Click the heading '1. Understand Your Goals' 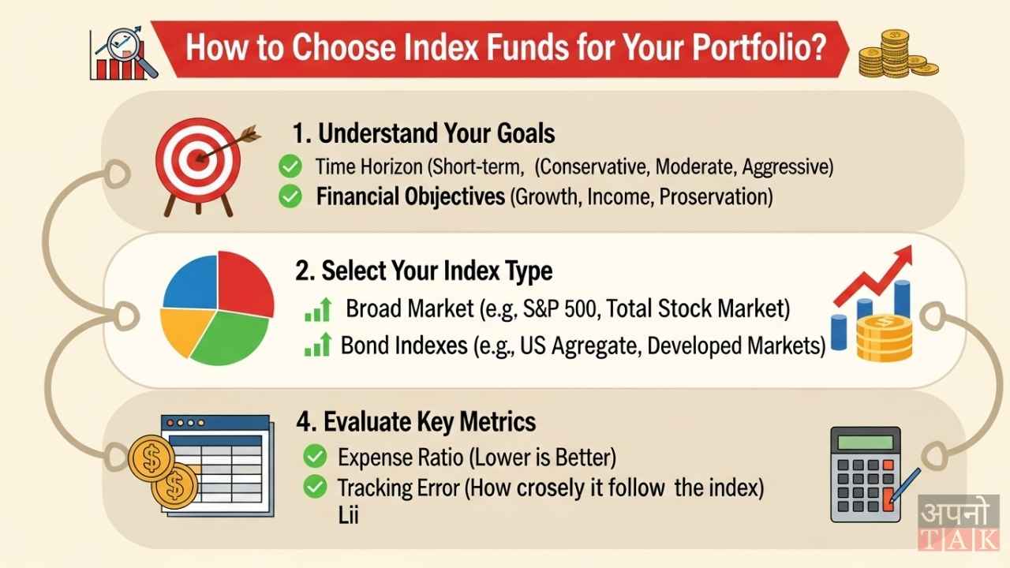point(423,133)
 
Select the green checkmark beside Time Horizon point(290,166)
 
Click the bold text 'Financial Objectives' point(410,196)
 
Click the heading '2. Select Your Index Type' point(424,271)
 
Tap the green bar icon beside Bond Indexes point(317,346)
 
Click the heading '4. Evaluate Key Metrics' point(416,422)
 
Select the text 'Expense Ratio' point(384,457)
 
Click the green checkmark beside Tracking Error point(315,488)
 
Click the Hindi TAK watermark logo point(958,521)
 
